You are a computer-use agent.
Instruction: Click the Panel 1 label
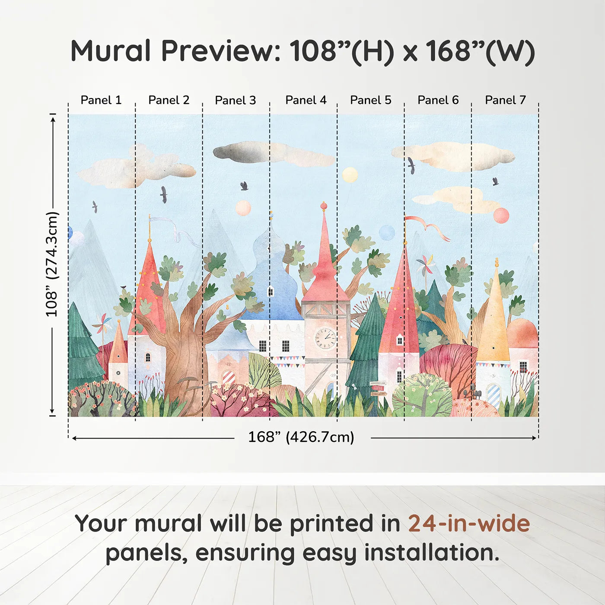coord(101,100)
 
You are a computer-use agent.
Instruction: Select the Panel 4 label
coord(306,100)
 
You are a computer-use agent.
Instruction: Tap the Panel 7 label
coord(505,100)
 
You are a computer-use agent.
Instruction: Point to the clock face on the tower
coord(325,338)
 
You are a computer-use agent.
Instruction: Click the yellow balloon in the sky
coord(350,175)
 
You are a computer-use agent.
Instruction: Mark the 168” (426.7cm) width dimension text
coord(301,437)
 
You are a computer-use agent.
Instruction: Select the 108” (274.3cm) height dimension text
coord(52,264)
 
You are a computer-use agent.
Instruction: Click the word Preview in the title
coord(221,51)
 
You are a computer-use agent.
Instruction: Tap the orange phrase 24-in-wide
coord(469,524)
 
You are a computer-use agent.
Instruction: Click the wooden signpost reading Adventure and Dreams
coord(378,388)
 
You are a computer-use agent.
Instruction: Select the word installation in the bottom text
coord(431,553)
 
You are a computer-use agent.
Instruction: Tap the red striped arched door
coord(229,378)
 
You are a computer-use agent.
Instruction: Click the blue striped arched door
coord(493,394)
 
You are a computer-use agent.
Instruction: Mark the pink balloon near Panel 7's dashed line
coord(501,215)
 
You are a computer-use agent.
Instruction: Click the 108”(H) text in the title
coord(341,51)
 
